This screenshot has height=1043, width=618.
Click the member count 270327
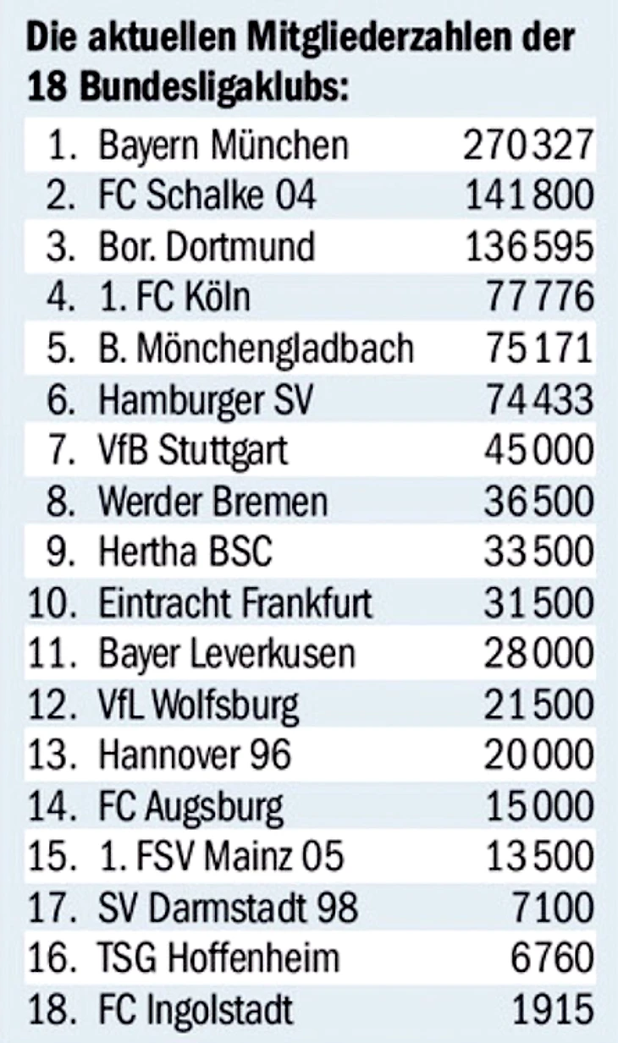tap(527, 145)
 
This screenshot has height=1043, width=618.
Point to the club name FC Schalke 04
tap(207, 196)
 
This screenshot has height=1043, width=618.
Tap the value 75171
tap(538, 349)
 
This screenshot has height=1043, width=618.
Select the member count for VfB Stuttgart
tap(538, 450)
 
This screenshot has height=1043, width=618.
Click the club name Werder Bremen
tap(212, 502)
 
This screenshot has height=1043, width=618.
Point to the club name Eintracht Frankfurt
tap(235, 603)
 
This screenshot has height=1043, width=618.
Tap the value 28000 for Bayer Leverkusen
tap(538, 654)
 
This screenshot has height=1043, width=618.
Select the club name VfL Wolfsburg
tap(199, 705)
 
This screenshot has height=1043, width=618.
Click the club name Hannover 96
tap(195, 755)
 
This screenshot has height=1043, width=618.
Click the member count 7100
tap(553, 908)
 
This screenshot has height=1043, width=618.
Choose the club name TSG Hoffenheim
tap(218, 958)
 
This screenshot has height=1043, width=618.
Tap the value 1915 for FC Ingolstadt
tap(553, 1009)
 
